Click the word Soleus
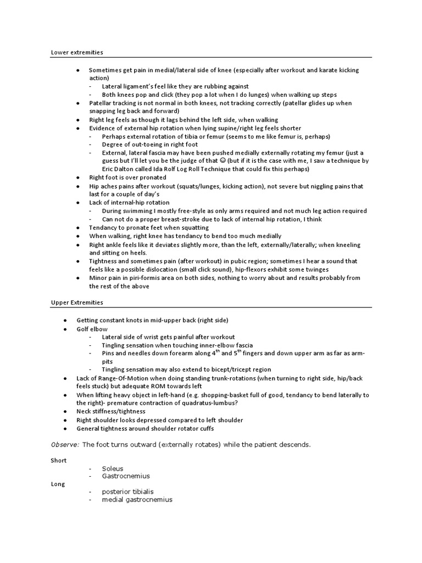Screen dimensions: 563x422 [113, 468]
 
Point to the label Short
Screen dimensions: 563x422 [59, 460]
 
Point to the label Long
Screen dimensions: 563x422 [58, 484]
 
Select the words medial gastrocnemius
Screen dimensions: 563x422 [137, 500]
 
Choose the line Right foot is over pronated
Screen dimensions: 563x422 [127, 178]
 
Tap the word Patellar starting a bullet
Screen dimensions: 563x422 [101, 103]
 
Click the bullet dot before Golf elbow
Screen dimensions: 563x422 [66, 329]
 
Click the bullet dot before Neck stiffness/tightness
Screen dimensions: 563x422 [66, 411]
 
